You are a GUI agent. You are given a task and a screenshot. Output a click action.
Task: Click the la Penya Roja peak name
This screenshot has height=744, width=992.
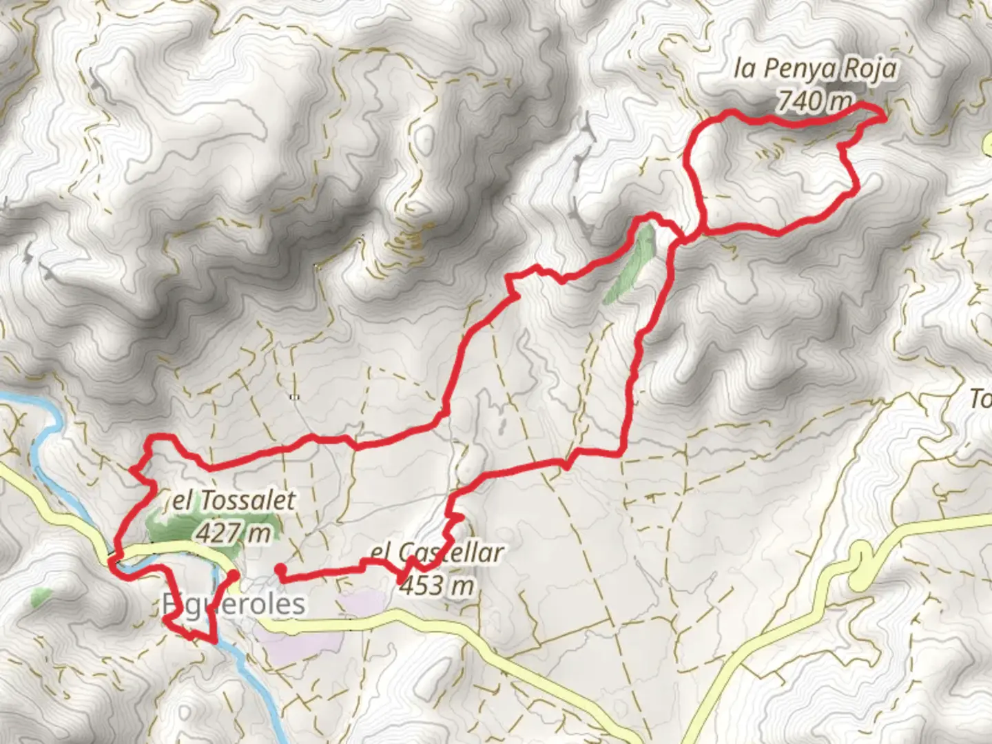pos(816,69)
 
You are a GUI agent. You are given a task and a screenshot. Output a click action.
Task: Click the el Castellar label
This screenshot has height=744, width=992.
pos(437,552)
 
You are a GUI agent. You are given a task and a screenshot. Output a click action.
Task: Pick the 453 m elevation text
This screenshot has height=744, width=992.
pos(437,586)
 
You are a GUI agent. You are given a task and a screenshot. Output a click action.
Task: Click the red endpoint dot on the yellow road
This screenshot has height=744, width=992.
pos(234,575)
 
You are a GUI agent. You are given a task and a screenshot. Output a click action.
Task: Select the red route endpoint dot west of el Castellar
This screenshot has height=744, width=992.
pos(280,569)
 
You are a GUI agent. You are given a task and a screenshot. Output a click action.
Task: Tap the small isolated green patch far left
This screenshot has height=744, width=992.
pos(41,597)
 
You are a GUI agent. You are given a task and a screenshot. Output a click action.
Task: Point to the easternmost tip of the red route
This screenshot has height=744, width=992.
pos(884,118)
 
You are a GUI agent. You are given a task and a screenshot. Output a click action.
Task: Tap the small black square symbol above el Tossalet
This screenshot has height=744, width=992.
pos(294,397)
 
